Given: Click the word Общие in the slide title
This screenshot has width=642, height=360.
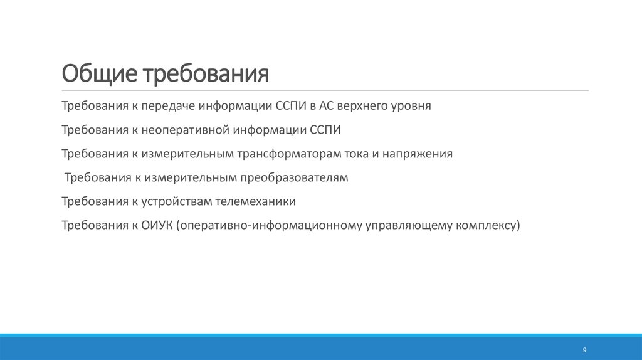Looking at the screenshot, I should (x=100, y=74).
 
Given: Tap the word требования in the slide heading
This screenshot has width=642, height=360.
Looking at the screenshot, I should (x=208, y=74).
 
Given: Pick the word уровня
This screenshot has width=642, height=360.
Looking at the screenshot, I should (x=412, y=105).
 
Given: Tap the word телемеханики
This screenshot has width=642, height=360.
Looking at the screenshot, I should (x=255, y=202).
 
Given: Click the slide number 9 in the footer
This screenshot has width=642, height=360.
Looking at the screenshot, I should (x=584, y=349).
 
